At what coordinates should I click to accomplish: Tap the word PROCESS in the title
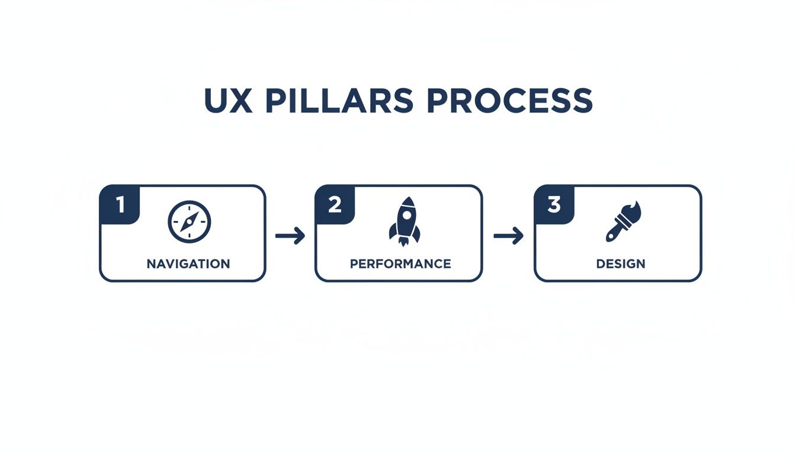[x=509, y=101]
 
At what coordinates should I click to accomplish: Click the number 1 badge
[x=120, y=205]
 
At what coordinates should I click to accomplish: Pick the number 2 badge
[x=335, y=205]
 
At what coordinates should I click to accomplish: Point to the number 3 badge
[x=554, y=205]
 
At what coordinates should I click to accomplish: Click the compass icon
[x=190, y=222]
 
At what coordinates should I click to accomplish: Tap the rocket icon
[x=404, y=222]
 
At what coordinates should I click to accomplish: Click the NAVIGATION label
[x=188, y=264]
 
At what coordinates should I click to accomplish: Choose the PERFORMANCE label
[x=400, y=264]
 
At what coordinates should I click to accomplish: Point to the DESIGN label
[x=621, y=264]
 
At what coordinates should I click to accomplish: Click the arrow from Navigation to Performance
[x=290, y=236]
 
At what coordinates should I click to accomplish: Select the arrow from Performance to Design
[x=508, y=236]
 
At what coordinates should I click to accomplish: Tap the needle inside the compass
[x=190, y=222]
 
